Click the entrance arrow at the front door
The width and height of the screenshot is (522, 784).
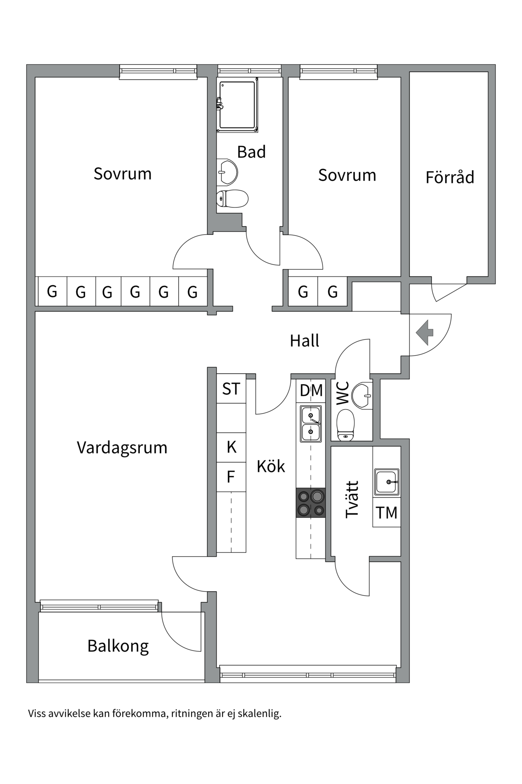[x=425, y=333]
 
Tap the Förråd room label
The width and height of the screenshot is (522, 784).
[x=450, y=178]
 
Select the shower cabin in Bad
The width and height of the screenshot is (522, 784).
[x=237, y=105]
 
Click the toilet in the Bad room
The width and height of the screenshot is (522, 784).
[x=232, y=199]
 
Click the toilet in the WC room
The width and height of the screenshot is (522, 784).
[x=346, y=425]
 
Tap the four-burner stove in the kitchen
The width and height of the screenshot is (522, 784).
[x=311, y=503]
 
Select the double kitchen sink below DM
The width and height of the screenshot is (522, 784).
[x=311, y=424]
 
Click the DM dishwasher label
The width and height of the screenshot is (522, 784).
[x=311, y=391]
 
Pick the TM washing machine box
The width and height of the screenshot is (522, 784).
[x=387, y=512]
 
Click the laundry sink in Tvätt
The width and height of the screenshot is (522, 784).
[x=386, y=482]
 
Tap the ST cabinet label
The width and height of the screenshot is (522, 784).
[x=231, y=389]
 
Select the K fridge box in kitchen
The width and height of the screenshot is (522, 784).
[x=231, y=447]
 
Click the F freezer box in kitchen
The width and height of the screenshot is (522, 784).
[x=231, y=477]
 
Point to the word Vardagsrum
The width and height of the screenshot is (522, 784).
[x=122, y=448]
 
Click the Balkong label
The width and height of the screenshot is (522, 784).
[x=118, y=646]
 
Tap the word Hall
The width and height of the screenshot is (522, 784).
[x=304, y=341]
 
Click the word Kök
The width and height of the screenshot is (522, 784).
[x=270, y=466]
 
